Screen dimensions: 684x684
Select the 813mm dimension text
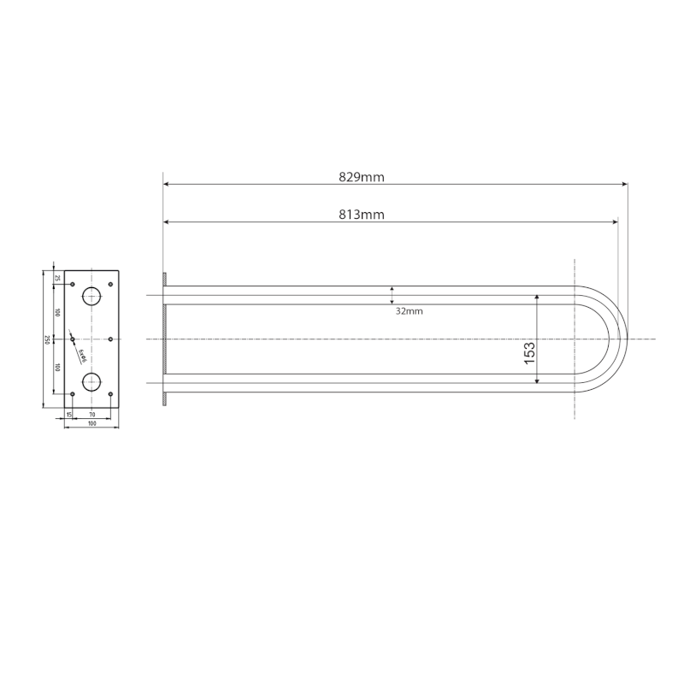coord(361,215)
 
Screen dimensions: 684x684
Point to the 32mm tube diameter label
coord(409,311)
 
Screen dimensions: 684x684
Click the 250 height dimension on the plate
coord(46,339)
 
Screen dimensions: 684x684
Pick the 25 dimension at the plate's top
coord(57,278)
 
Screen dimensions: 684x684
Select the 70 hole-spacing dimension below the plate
coord(91,415)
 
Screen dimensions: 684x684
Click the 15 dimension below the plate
coord(69,415)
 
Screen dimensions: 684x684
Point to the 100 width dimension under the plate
coord(91,423)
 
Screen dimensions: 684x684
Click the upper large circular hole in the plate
coord(91,298)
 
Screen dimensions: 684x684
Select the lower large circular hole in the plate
coord(91,380)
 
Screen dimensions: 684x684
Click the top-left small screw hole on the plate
coord(73,284)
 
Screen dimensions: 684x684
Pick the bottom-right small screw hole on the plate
coord(111,394)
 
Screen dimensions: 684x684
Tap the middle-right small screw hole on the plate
coord(111,339)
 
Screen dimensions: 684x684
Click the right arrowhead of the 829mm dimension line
coord(624,184)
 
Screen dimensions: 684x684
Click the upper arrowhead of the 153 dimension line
coord(537,298)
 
